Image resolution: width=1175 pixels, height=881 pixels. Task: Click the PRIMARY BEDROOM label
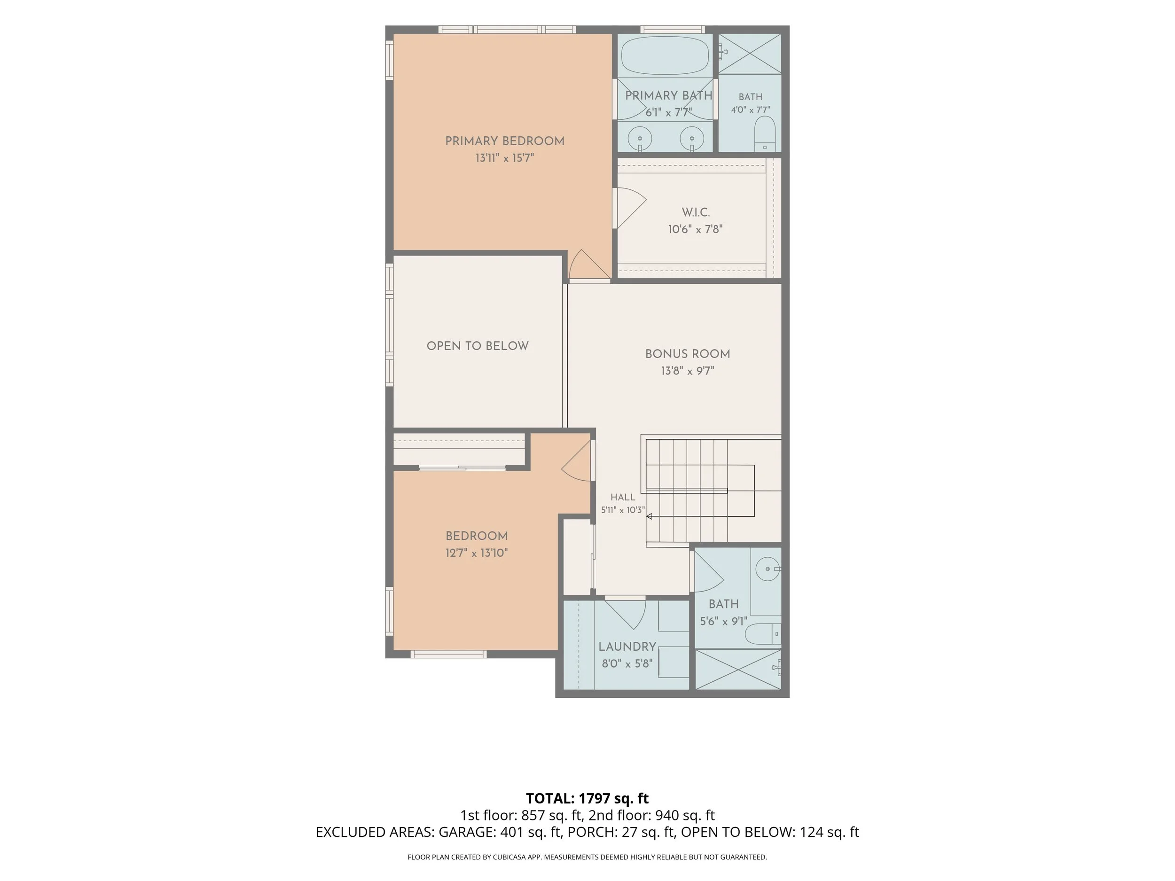click(505, 141)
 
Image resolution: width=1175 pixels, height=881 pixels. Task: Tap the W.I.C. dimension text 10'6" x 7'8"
click(695, 229)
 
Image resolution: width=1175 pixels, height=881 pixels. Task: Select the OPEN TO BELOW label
click(478, 346)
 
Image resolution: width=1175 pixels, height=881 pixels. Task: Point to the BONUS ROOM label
click(687, 354)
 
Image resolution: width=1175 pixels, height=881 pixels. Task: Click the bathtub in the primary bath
click(665, 56)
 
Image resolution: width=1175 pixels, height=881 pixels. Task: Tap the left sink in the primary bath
click(640, 139)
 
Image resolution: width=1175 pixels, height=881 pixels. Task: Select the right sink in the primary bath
click(692, 139)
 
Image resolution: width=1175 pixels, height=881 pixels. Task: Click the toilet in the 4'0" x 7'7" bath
click(765, 134)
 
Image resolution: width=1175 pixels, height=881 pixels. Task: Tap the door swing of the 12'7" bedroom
click(576, 461)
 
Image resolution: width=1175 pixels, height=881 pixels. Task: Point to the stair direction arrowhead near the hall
click(649, 516)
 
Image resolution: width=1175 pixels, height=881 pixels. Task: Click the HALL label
click(623, 498)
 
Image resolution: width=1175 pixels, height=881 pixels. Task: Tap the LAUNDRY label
click(627, 647)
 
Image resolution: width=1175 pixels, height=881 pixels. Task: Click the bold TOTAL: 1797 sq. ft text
click(587, 798)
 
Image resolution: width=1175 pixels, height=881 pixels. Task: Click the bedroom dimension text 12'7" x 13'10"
click(477, 554)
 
